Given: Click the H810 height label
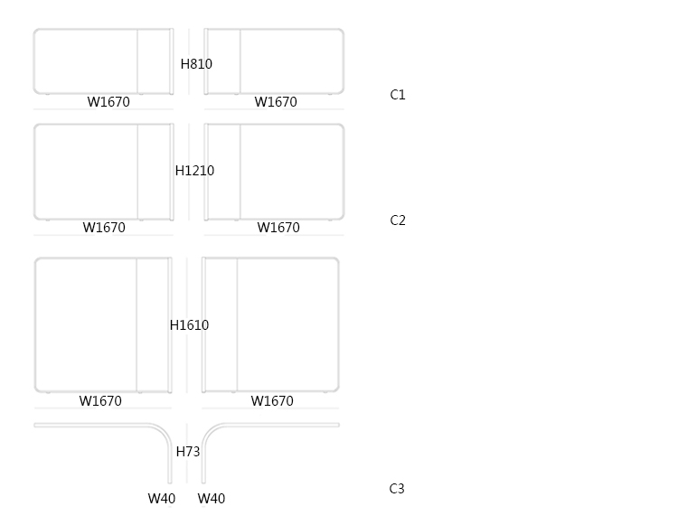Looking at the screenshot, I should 196,64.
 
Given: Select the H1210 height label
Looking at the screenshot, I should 194,171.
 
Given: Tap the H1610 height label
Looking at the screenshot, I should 189,325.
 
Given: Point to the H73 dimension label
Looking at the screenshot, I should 188,452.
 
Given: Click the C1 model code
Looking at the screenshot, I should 398,95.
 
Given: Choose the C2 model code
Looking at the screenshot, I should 398,220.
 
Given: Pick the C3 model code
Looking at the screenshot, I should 397,489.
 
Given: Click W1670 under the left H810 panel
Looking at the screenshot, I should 108,102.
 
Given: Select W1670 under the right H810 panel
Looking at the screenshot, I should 276,102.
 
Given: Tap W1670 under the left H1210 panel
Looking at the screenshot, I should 104,228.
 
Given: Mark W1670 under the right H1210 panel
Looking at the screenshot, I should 278,228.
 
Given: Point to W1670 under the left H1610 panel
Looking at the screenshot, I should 100,401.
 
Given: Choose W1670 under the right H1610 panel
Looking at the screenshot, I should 272,401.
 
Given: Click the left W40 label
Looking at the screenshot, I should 162,499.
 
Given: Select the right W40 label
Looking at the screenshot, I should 212,499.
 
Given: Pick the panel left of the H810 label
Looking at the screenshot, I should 102,61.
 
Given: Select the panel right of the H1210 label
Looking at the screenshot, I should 275,172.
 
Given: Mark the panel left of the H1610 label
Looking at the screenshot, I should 102,325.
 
